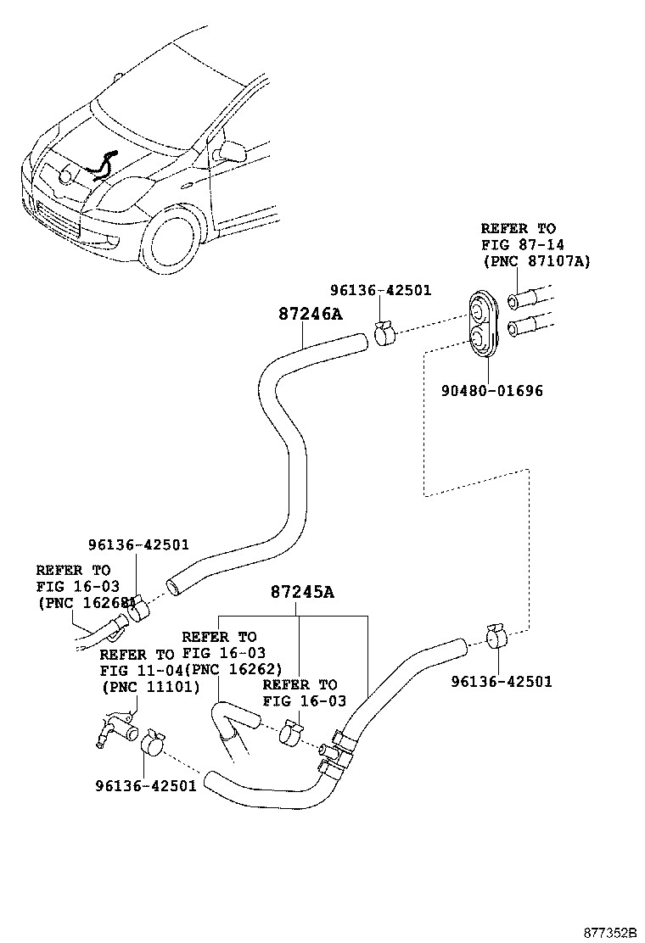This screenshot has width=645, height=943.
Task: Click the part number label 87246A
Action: (x=310, y=314)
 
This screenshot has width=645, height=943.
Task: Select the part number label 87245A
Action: (x=302, y=592)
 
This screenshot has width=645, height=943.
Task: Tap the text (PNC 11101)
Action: (x=149, y=686)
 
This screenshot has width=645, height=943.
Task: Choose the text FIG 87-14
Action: (x=518, y=245)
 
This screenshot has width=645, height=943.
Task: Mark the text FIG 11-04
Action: (x=137, y=670)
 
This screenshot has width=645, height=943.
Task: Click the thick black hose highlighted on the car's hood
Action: (x=102, y=165)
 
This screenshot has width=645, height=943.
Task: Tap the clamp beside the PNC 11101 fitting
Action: (x=154, y=744)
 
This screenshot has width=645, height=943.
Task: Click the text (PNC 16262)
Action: (x=233, y=668)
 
